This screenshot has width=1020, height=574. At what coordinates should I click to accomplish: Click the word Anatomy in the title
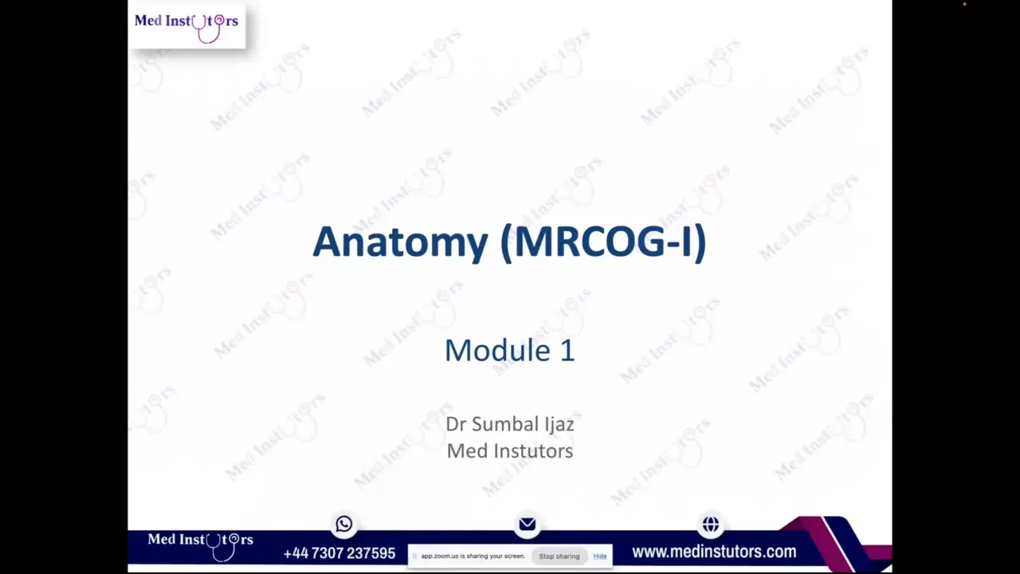click(x=399, y=242)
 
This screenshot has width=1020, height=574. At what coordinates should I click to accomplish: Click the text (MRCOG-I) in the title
click(x=603, y=242)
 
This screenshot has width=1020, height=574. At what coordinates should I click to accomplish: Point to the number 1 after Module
click(x=567, y=351)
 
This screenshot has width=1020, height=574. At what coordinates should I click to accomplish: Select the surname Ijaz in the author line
click(x=559, y=424)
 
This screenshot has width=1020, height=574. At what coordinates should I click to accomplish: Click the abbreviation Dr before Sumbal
click(x=455, y=424)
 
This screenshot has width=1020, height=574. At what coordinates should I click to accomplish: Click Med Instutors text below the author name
click(x=509, y=451)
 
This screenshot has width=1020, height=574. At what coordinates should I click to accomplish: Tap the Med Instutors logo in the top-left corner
click(x=186, y=25)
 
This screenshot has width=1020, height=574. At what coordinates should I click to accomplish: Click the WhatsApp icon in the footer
click(x=344, y=524)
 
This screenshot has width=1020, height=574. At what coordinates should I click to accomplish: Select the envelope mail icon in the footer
click(x=528, y=524)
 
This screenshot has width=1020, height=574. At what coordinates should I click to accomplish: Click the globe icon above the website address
click(x=711, y=524)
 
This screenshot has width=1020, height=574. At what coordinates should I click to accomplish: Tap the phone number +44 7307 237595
click(x=339, y=553)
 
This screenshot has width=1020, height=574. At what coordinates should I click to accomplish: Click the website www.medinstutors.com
click(x=714, y=552)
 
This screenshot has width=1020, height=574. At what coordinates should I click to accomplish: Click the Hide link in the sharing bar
click(x=599, y=556)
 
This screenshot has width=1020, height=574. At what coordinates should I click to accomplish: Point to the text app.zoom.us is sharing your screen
click(x=473, y=556)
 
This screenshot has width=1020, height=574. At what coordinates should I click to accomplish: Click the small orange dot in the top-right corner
click(x=964, y=5)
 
